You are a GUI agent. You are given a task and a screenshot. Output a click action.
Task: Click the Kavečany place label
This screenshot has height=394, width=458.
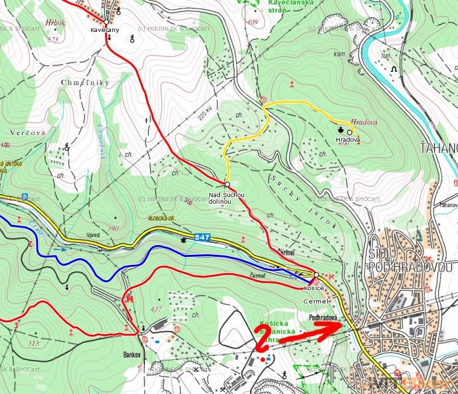tap(105, 31)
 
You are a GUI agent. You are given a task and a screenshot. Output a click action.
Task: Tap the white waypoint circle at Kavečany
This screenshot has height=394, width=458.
tap(106, 22)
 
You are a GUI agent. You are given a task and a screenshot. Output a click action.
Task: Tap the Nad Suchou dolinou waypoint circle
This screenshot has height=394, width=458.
tap(227, 184)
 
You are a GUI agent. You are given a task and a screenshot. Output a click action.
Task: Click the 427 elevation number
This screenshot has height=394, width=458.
tap(157, 309)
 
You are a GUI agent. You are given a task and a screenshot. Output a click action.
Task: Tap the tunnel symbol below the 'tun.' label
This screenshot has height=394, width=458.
tap(394, 69)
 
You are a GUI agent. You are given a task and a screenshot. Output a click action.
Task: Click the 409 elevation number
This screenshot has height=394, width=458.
tap(251, 23)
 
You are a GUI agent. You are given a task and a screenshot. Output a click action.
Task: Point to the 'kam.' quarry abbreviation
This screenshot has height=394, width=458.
tap(339, 54)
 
